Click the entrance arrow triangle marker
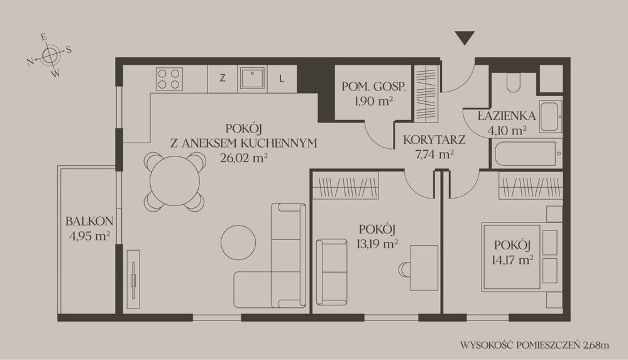(x=465, y=38)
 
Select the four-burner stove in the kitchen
(x=168, y=79)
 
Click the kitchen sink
(x=252, y=79)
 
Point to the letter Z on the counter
(x=223, y=78)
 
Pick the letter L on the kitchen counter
(x=282, y=79)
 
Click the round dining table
(x=175, y=181)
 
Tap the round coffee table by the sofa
(x=238, y=243)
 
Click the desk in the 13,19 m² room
(x=424, y=268)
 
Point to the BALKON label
(x=89, y=221)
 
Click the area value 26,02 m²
(x=244, y=158)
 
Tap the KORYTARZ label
(x=434, y=140)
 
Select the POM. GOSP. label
(x=373, y=87)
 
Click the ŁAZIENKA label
(x=507, y=116)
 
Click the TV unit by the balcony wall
(x=133, y=279)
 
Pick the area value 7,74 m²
(x=434, y=154)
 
